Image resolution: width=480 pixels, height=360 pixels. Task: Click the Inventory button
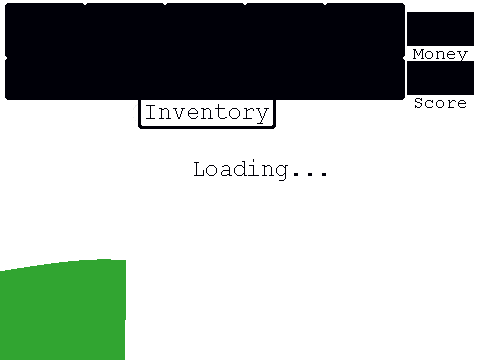207,113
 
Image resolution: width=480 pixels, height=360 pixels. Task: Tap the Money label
440,54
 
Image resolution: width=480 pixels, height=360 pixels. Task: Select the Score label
440,103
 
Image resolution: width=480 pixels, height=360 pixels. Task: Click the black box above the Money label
440,29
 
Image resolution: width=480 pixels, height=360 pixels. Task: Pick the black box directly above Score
440,78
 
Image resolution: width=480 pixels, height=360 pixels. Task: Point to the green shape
63,309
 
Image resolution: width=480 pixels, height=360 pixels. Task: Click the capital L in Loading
201,169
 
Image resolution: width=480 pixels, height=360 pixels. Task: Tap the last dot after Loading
324,174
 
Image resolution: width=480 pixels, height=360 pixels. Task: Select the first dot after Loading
295,174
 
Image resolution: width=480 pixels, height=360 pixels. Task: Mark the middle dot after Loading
310,174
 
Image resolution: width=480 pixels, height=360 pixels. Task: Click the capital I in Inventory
151,112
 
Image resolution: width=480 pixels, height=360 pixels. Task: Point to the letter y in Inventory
262,115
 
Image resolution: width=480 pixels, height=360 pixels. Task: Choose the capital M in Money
419,54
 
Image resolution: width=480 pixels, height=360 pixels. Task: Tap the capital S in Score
419,103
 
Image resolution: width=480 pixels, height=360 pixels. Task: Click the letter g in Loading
280,172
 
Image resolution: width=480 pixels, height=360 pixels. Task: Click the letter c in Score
430,104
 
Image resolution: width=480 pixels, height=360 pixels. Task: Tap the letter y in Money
463,56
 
